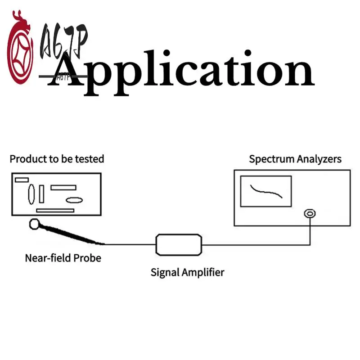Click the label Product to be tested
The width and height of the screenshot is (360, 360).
(x=57, y=159)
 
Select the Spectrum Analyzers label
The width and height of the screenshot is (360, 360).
(x=295, y=159)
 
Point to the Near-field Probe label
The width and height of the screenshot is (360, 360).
(x=63, y=258)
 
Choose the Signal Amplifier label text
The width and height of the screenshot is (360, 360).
(x=187, y=272)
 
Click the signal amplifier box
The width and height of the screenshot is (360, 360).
(x=179, y=244)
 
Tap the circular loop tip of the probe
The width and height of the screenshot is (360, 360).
(x=35, y=223)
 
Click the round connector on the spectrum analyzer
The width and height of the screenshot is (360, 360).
(x=309, y=213)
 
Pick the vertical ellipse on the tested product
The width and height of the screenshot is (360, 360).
(x=31, y=194)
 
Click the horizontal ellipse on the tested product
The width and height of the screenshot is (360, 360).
(x=74, y=200)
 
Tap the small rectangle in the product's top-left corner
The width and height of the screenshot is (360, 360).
(x=22, y=180)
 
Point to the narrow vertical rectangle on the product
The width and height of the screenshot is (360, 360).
(x=42, y=194)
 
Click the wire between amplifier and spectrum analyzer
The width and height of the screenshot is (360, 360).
(x=256, y=245)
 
